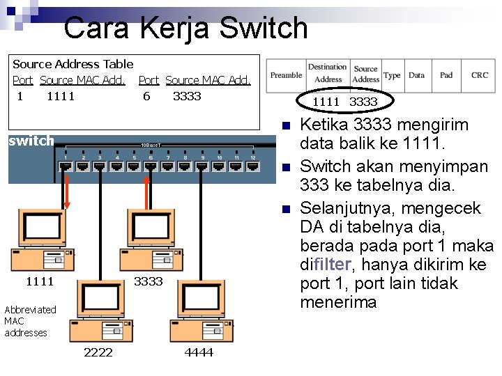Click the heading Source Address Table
73,64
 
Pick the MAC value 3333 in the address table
186,96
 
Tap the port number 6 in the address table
146,96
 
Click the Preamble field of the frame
286,75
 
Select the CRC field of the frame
479,75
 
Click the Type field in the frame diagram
392,75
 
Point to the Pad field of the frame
446,75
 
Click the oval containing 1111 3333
344,102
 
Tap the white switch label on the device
31,141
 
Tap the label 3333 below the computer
148,281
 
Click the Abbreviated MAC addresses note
30,321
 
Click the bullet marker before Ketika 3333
286,126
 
